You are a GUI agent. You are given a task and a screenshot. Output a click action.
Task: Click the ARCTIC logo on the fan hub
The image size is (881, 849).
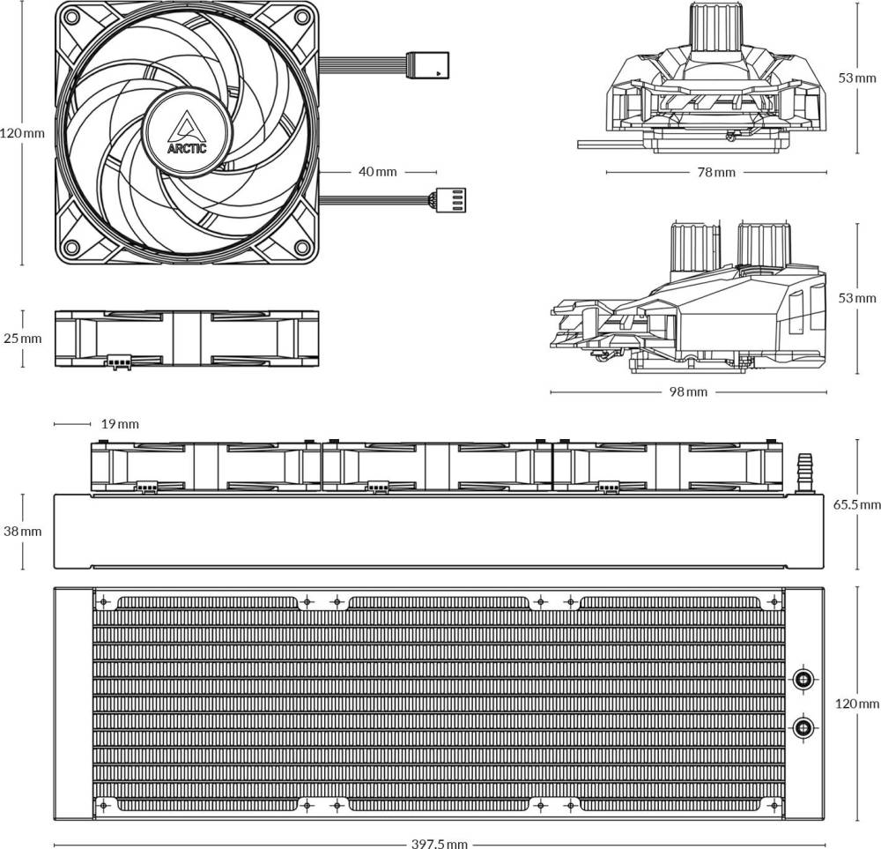coord(187,133)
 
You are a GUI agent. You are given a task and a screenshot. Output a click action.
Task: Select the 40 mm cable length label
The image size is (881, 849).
coord(378,172)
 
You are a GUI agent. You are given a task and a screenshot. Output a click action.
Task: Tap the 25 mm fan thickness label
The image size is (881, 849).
coord(23,339)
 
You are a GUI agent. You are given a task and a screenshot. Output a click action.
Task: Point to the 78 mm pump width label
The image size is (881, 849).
coord(716,172)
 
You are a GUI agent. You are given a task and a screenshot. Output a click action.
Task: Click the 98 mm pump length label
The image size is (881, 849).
coord(688,392)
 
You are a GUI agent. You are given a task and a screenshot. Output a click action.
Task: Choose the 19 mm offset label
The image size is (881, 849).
coord(120,424)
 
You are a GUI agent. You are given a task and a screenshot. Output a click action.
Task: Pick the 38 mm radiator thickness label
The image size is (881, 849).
coord(23,532)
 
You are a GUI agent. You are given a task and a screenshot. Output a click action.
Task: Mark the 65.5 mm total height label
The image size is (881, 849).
coord(857,505)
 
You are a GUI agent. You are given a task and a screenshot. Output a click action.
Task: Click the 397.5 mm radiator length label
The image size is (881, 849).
coord(440,844)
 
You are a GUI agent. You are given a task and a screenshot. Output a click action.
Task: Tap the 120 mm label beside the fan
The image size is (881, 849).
coord(23,133)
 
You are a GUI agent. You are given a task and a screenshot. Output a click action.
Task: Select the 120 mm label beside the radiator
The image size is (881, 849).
coord(857,704)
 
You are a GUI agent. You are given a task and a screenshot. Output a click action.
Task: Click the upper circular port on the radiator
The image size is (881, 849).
coord(803,680)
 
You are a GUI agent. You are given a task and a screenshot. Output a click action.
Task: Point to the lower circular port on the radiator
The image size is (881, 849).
coord(803,727)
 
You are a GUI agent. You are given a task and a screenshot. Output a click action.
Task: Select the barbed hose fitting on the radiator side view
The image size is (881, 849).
coord(802,471)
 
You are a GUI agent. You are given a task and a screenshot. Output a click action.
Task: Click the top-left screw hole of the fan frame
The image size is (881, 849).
coord(71,17)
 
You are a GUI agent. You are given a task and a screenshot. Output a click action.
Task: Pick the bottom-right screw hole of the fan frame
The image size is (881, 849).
coord(302,247)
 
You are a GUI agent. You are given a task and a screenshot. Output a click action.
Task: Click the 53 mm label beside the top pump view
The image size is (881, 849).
coord(857,78)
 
